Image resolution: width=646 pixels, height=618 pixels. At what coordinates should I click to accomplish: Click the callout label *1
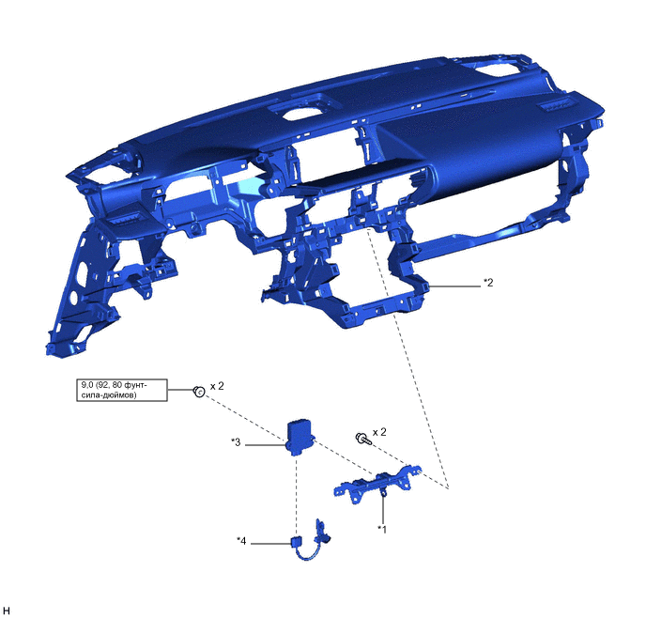pos(383,529)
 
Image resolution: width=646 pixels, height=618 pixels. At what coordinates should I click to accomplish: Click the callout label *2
pos(488,283)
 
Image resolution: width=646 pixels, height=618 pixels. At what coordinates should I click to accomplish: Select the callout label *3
pos(236,442)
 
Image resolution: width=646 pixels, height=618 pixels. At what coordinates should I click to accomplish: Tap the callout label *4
pos(241,541)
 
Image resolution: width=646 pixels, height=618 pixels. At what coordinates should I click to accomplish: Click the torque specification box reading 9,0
pos(122,390)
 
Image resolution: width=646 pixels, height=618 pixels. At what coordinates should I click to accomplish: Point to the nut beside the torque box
pos(199,392)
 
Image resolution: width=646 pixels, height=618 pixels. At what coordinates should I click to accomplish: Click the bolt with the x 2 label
pos(363,440)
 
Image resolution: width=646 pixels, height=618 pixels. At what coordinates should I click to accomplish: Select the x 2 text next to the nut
pos(217,386)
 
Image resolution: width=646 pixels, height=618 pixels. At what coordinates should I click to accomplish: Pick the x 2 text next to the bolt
pos(379,432)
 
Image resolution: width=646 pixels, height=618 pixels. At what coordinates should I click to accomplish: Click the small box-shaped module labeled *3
pos(300,437)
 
